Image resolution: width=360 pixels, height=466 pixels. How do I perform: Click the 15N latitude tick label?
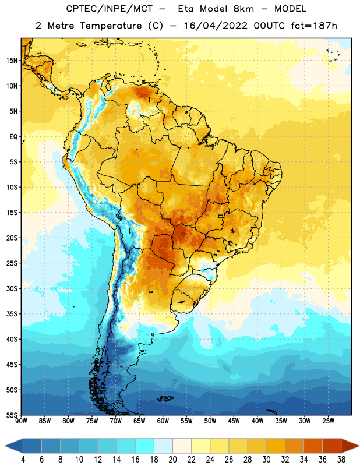[x=12, y=61]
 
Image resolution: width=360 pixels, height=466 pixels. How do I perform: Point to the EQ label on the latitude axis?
[x=13, y=137]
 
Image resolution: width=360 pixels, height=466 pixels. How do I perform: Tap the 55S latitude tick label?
[x=12, y=415]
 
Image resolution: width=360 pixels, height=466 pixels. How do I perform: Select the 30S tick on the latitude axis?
[x=12, y=288]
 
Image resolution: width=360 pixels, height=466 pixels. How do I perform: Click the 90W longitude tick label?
[x=21, y=421]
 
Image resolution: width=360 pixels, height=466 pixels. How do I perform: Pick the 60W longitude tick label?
[x=163, y=421]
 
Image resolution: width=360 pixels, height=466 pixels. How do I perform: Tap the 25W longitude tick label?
[x=328, y=421]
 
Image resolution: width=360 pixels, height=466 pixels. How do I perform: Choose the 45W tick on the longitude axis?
[x=234, y=421]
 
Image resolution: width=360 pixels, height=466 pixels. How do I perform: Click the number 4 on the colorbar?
[x=23, y=460]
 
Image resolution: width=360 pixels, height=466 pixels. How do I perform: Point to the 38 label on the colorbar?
[x=341, y=460]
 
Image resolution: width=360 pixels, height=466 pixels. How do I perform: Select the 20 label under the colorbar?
[x=172, y=460]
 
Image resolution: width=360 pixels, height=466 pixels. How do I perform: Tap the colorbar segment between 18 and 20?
[x=163, y=446]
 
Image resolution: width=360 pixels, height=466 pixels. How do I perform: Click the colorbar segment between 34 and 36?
[x=313, y=446]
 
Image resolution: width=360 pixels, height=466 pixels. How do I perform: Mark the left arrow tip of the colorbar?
[x=5, y=446]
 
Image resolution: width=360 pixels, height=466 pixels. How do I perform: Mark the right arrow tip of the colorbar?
[x=359, y=446]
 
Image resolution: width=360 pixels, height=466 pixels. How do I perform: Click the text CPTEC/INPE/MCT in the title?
[x=110, y=9]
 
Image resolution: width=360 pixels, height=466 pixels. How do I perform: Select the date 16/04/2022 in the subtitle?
[x=216, y=26]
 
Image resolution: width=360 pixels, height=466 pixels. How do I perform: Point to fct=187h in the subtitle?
[x=314, y=26]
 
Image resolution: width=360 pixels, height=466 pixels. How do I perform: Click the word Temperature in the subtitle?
[x=111, y=26]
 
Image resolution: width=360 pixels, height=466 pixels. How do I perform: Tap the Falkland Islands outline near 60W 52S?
[x=165, y=398]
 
